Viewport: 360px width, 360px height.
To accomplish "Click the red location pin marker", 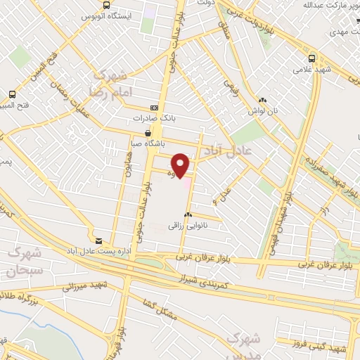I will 181,165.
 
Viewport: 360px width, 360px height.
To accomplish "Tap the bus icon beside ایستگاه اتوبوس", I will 105,5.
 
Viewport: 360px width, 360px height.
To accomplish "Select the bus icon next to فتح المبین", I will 12,94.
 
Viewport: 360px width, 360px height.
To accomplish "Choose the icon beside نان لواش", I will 262,101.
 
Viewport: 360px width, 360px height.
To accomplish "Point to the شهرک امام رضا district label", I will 107,84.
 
